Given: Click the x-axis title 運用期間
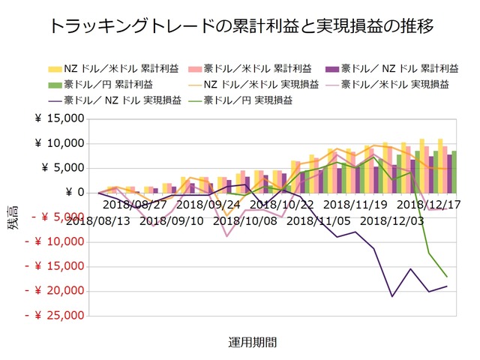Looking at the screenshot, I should point(252,342).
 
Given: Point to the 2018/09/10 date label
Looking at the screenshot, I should point(170,220).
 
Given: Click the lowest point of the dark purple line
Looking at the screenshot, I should point(392,296).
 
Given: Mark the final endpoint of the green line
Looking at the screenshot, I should point(447,277).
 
